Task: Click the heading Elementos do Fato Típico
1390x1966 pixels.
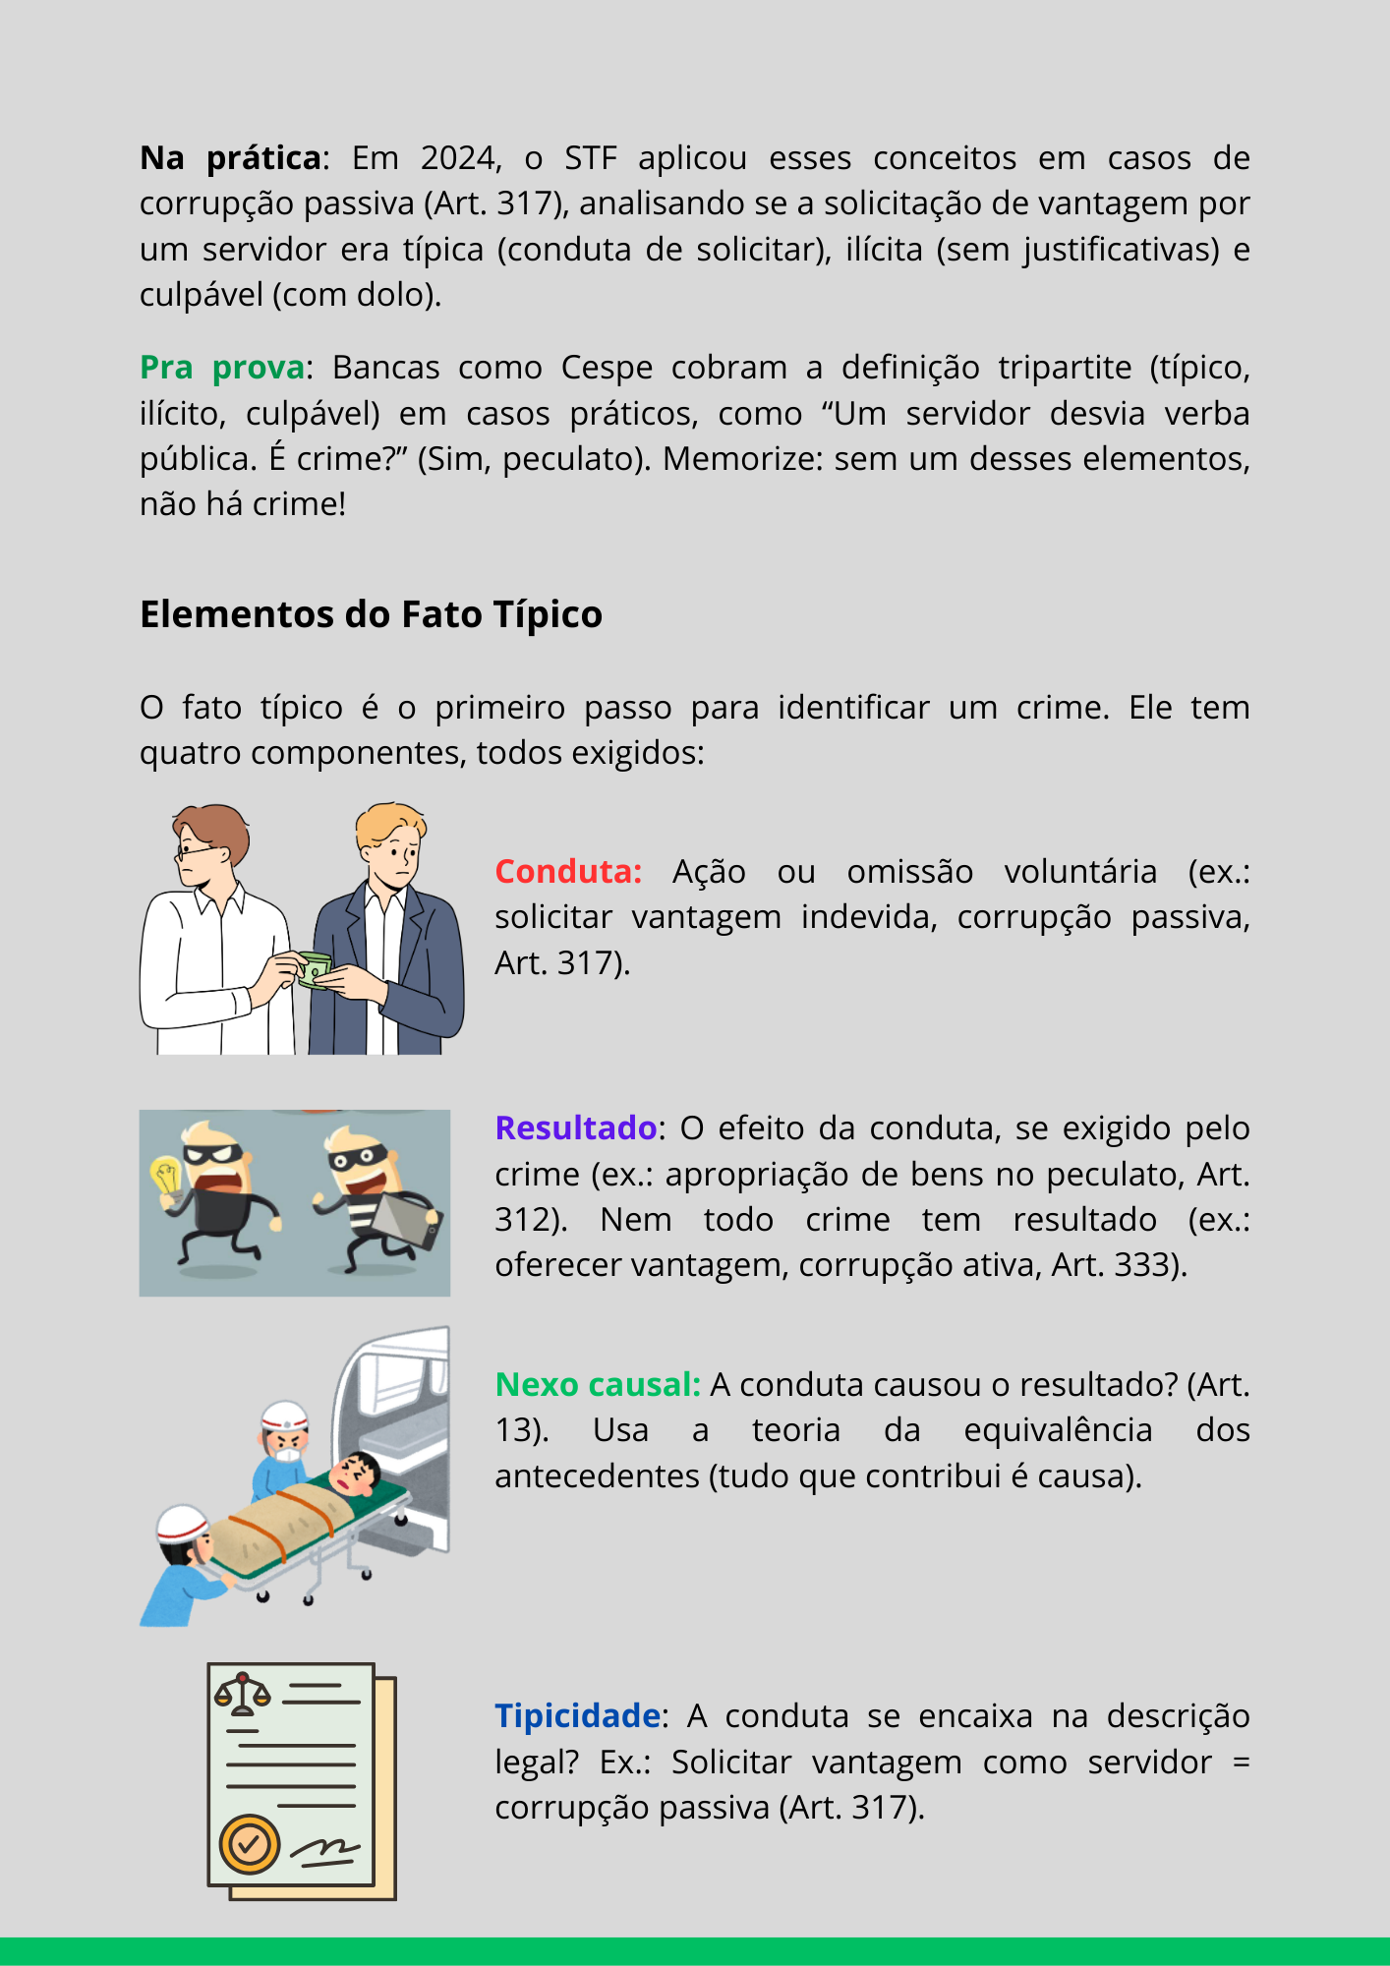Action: pos(371,614)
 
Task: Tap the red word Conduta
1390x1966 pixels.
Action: pos(566,871)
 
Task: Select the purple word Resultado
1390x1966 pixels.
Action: pos(576,1128)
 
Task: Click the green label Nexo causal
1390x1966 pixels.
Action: pos(596,1384)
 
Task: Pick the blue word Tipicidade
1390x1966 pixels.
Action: pos(577,1715)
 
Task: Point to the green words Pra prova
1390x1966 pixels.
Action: pos(222,368)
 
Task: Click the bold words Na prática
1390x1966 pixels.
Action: pos(231,158)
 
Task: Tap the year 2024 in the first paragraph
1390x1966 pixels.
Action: pos(460,158)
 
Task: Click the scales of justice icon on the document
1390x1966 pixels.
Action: pos(242,1693)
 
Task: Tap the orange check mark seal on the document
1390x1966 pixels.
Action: pos(250,1844)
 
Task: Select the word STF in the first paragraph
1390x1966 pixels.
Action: pos(591,158)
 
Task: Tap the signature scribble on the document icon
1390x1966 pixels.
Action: pos(326,1851)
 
